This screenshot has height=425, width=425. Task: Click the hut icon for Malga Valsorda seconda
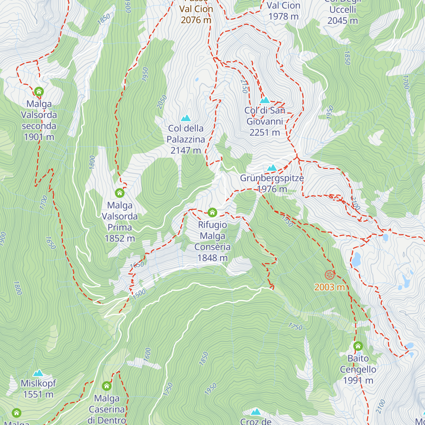(39, 92)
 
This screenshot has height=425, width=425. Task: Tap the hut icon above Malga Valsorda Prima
(120, 193)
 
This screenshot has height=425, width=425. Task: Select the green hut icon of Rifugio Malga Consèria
(212, 212)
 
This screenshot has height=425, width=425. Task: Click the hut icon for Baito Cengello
(358, 346)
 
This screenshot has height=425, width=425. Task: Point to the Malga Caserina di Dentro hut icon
(107, 386)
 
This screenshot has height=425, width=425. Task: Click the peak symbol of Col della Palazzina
(186, 118)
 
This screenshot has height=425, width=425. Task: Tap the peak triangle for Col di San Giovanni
(265, 100)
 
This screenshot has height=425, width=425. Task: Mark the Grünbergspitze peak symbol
(272, 168)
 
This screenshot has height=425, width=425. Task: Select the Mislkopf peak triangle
(38, 373)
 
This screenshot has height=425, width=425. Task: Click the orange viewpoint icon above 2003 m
(329, 274)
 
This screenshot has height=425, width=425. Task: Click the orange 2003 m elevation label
(329, 287)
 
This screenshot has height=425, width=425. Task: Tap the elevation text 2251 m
(265, 133)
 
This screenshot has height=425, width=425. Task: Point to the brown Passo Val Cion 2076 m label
(196, 14)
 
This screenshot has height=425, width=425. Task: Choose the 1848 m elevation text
(212, 258)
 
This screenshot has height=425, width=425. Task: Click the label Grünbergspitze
(272, 178)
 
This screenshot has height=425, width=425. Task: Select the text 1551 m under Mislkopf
(38, 394)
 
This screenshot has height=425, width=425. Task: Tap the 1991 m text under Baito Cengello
(358, 380)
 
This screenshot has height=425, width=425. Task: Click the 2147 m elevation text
(186, 151)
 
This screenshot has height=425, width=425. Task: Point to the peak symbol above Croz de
(255, 412)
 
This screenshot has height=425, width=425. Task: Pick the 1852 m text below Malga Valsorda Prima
(120, 238)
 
